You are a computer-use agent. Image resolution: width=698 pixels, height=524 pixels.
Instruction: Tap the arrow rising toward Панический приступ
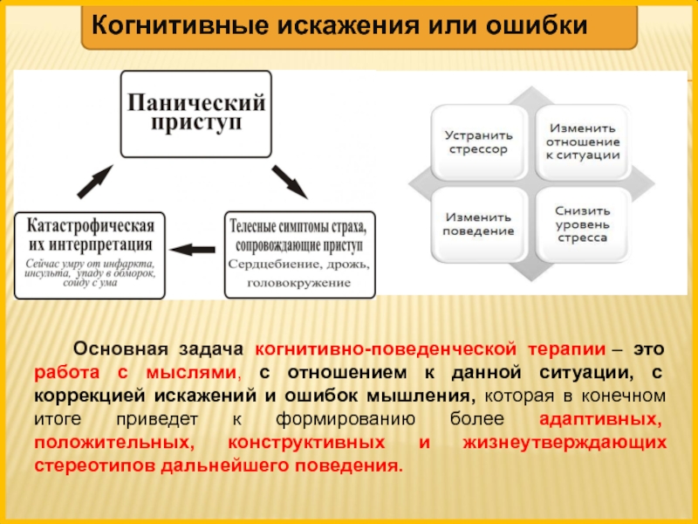click(94, 182)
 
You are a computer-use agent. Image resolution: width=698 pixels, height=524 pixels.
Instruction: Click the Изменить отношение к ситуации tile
click(582, 141)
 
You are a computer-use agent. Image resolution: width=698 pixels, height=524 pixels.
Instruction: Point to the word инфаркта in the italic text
click(127, 263)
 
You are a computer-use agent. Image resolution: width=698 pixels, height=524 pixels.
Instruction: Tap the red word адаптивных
click(602, 418)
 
